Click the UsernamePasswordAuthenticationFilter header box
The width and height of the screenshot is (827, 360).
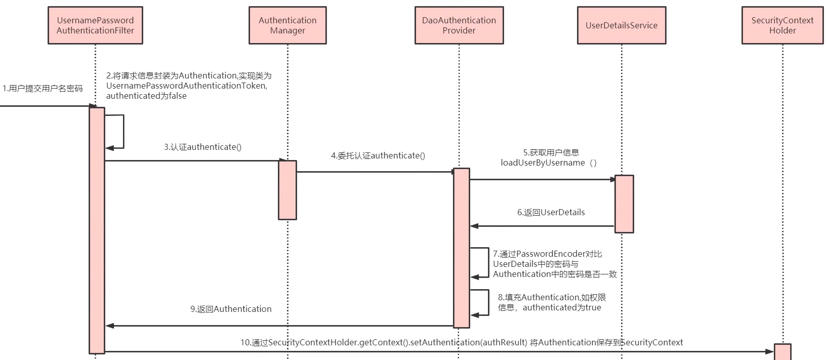coord(95,25)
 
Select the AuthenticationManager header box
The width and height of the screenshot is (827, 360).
coord(287,25)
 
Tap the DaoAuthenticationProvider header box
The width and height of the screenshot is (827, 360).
coord(459,25)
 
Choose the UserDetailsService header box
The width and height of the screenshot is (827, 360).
coord(622,25)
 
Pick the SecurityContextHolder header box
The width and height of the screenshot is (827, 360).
coord(782,25)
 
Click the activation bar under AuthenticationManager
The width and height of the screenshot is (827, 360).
coord(287,190)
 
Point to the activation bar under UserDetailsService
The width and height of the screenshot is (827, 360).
coord(624,204)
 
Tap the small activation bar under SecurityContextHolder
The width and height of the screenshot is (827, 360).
coord(782,352)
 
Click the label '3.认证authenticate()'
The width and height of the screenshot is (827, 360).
coord(202,147)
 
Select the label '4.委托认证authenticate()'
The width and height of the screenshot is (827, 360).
coord(378,155)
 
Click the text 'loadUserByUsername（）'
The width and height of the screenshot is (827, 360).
coord(549,163)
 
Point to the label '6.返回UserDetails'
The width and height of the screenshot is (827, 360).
coord(551,212)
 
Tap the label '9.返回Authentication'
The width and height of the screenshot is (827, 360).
coord(231,309)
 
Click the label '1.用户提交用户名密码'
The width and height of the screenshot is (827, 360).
coord(43,88)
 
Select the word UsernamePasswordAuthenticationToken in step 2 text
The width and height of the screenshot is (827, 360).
coord(185,86)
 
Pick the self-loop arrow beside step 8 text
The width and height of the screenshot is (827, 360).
coord(488,302)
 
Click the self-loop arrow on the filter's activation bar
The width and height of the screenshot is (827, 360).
coord(123,132)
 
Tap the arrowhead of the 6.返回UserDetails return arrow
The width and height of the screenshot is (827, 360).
coord(474,226)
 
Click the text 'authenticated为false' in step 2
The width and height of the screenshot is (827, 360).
coord(146,96)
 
